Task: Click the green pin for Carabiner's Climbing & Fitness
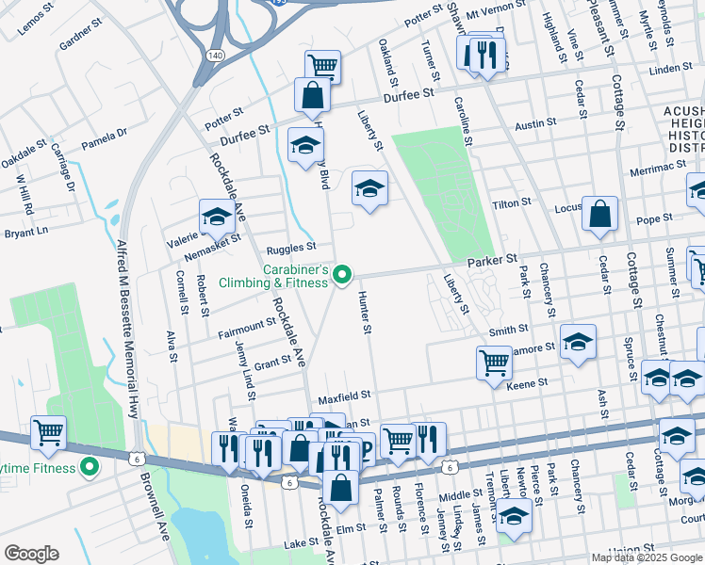(343, 275)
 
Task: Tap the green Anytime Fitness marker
(90, 466)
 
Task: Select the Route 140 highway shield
(215, 56)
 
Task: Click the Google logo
(31, 554)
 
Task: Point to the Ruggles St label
(291, 249)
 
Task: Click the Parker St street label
(494, 258)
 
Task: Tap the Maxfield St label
(344, 397)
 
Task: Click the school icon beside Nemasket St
(216, 218)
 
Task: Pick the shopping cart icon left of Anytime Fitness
(48, 432)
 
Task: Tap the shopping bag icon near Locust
(599, 214)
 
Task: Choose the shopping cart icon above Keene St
(494, 363)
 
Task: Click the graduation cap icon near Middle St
(514, 515)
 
